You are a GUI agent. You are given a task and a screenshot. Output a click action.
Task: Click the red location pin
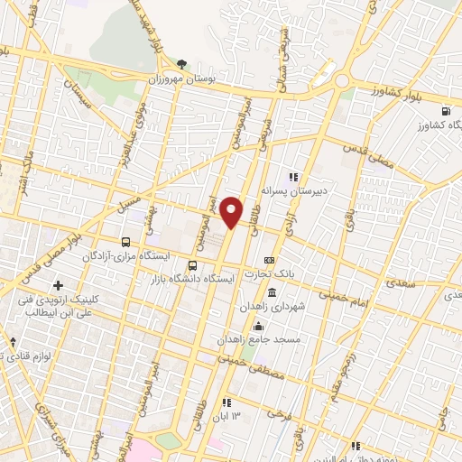(x=233, y=211)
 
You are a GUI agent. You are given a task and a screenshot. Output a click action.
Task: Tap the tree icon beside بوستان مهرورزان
(x=182, y=63)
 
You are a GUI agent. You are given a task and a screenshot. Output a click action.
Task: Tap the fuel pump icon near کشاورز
(x=446, y=112)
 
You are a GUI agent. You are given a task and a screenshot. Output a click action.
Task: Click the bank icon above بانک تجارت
(x=269, y=260)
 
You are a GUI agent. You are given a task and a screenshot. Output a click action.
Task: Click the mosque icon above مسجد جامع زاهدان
(x=259, y=327)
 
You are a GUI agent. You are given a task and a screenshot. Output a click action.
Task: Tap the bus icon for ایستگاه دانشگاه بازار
(x=192, y=265)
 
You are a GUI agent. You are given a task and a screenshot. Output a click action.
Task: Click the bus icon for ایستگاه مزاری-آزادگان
(x=125, y=242)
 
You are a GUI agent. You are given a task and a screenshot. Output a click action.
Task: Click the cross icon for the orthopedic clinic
(x=59, y=286)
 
